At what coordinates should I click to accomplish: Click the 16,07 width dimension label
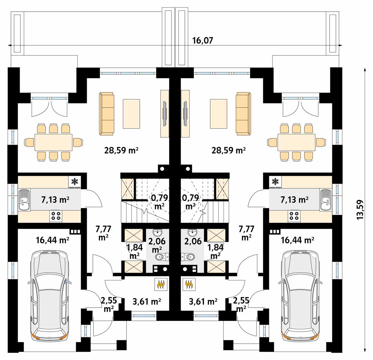tap(203, 41)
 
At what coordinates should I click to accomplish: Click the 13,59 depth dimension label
tap(360, 209)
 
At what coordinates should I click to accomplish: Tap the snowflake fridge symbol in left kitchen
tap(75, 182)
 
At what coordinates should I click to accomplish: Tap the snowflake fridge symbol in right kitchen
tap(275, 182)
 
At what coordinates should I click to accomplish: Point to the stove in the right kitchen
tap(294, 216)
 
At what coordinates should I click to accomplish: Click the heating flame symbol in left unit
tap(161, 284)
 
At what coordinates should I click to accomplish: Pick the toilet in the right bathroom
tap(188, 257)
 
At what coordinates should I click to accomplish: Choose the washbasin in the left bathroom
tap(157, 232)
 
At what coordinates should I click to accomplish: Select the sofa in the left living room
tap(106, 114)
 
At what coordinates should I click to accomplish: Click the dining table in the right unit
tap(296, 143)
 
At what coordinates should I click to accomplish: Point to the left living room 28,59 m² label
tap(121, 150)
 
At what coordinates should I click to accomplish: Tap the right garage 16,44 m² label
tap(297, 240)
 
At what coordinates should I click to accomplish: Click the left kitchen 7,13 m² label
tap(55, 200)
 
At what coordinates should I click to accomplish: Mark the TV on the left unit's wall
tap(164, 113)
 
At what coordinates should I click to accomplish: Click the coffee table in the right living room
tap(219, 114)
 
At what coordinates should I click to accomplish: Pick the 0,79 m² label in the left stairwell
tap(159, 202)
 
